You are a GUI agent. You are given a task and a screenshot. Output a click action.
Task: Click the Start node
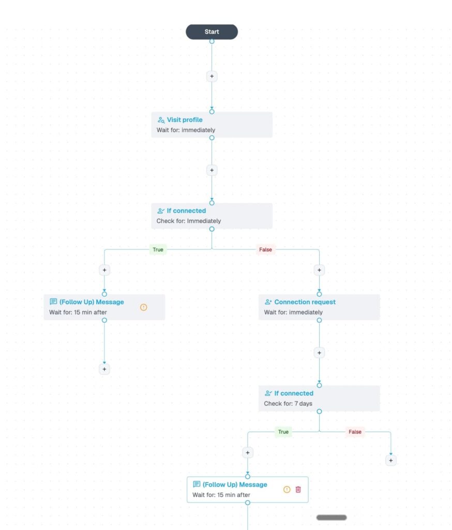pos(212,32)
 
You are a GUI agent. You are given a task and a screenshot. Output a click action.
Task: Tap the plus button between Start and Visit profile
pos(212,77)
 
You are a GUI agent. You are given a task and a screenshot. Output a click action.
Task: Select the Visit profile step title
pos(185,120)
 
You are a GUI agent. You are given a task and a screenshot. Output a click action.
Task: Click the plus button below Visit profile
pos(212,170)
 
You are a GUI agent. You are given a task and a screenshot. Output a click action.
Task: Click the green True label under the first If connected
pos(158,250)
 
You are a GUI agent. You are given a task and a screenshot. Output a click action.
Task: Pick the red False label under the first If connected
pos(265,250)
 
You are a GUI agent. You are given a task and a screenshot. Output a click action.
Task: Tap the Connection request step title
pos(305,302)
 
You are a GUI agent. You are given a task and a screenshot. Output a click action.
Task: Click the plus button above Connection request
pos(319,270)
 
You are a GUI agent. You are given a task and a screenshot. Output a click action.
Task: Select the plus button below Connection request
pos(319,353)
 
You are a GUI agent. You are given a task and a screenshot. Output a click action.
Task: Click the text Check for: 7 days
pos(288,404)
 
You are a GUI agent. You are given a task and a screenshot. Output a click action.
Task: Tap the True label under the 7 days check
pos(283,432)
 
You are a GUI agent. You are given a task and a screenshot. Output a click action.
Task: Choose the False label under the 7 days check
pos(355,432)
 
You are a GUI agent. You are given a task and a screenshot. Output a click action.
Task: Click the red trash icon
pos(298,490)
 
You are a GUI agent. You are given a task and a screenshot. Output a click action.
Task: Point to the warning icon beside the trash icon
pos(287,490)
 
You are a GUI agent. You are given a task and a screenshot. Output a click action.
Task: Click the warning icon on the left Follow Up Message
pos(144,307)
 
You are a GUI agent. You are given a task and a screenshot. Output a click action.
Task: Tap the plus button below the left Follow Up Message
pos(104,369)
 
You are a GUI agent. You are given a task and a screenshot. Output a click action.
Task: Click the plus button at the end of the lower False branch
pos(391,460)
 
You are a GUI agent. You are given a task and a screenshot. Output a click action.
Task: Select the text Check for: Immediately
pos(188,221)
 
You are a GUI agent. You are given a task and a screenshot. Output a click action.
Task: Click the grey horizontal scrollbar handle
pos(332,518)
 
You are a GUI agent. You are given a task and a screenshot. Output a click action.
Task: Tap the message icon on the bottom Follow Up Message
pos(197,484)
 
